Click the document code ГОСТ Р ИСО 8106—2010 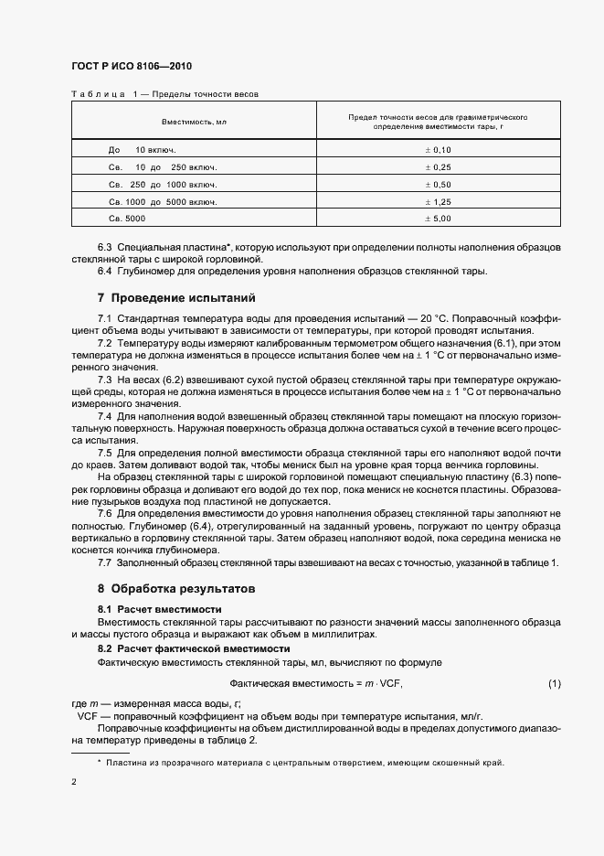coord(131,67)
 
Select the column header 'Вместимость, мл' coord(194,122)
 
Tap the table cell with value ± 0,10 coord(439,149)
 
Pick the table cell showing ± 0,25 coord(439,166)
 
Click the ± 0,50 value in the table coord(439,184)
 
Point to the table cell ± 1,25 coord(439,201)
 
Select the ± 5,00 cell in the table coord(439,219)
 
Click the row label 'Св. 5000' coord(127,219)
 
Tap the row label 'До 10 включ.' coord(142,149)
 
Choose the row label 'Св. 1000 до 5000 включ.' coord(162,201)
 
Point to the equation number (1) coord(554,683)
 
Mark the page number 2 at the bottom coord(74,782)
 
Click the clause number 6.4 coord(105,272)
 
